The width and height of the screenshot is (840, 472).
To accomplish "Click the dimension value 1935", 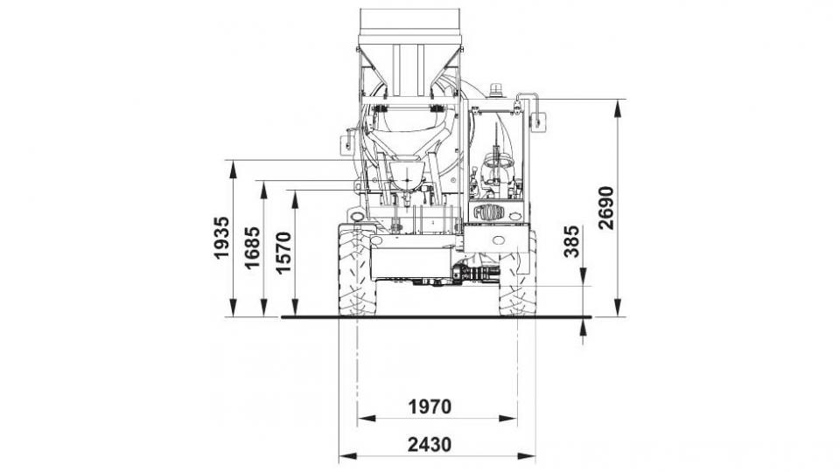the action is pos(221,238).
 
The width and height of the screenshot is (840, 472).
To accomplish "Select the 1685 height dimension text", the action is pos(252,247).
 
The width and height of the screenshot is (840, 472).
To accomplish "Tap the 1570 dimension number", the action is pos(283,252).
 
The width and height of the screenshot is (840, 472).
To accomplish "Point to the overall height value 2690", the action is pos(605,208).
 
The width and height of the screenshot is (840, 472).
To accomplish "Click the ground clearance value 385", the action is pos(572,242).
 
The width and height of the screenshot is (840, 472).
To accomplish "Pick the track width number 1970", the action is pos(430,406).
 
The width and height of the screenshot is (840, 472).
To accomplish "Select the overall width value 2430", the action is pos(430,444).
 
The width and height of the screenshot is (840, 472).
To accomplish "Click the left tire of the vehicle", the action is pos(357,270).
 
